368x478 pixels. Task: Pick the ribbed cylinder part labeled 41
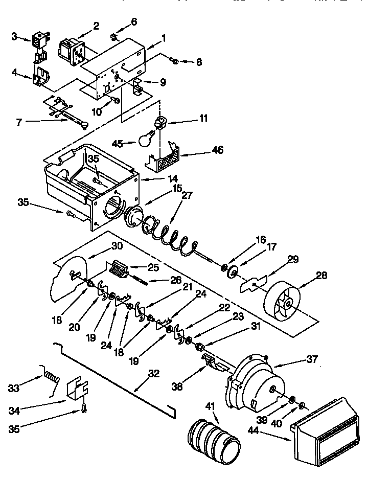(211, 438)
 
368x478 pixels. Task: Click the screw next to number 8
(174, 61)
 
